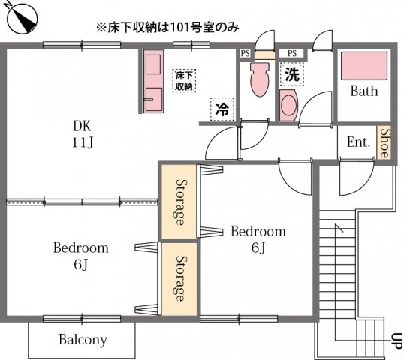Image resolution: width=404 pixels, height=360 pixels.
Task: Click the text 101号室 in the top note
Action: tap(192, 28)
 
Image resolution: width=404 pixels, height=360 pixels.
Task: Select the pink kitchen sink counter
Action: tap(152, 81)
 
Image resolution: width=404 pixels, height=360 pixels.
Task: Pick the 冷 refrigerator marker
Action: tap(222, 109)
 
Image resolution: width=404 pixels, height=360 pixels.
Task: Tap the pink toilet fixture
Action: tap(259, 79)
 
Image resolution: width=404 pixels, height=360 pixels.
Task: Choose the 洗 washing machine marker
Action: tap(291, 74)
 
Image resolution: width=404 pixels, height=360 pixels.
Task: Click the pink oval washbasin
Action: tap(288, 105)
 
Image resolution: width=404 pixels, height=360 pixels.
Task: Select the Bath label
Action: tap(363, 92)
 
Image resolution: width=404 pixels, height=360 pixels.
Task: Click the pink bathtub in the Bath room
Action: tap(363, 66)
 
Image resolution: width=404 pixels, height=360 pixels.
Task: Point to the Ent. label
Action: tap(358, 142)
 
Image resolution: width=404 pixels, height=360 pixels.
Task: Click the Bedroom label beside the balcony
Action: tap(81, 247)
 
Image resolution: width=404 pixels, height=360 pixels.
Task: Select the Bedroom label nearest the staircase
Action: tap(258, 231)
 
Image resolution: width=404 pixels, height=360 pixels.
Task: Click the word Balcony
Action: tap(83, 339)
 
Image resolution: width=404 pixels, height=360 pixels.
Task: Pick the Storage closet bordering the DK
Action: tap(180, 202)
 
